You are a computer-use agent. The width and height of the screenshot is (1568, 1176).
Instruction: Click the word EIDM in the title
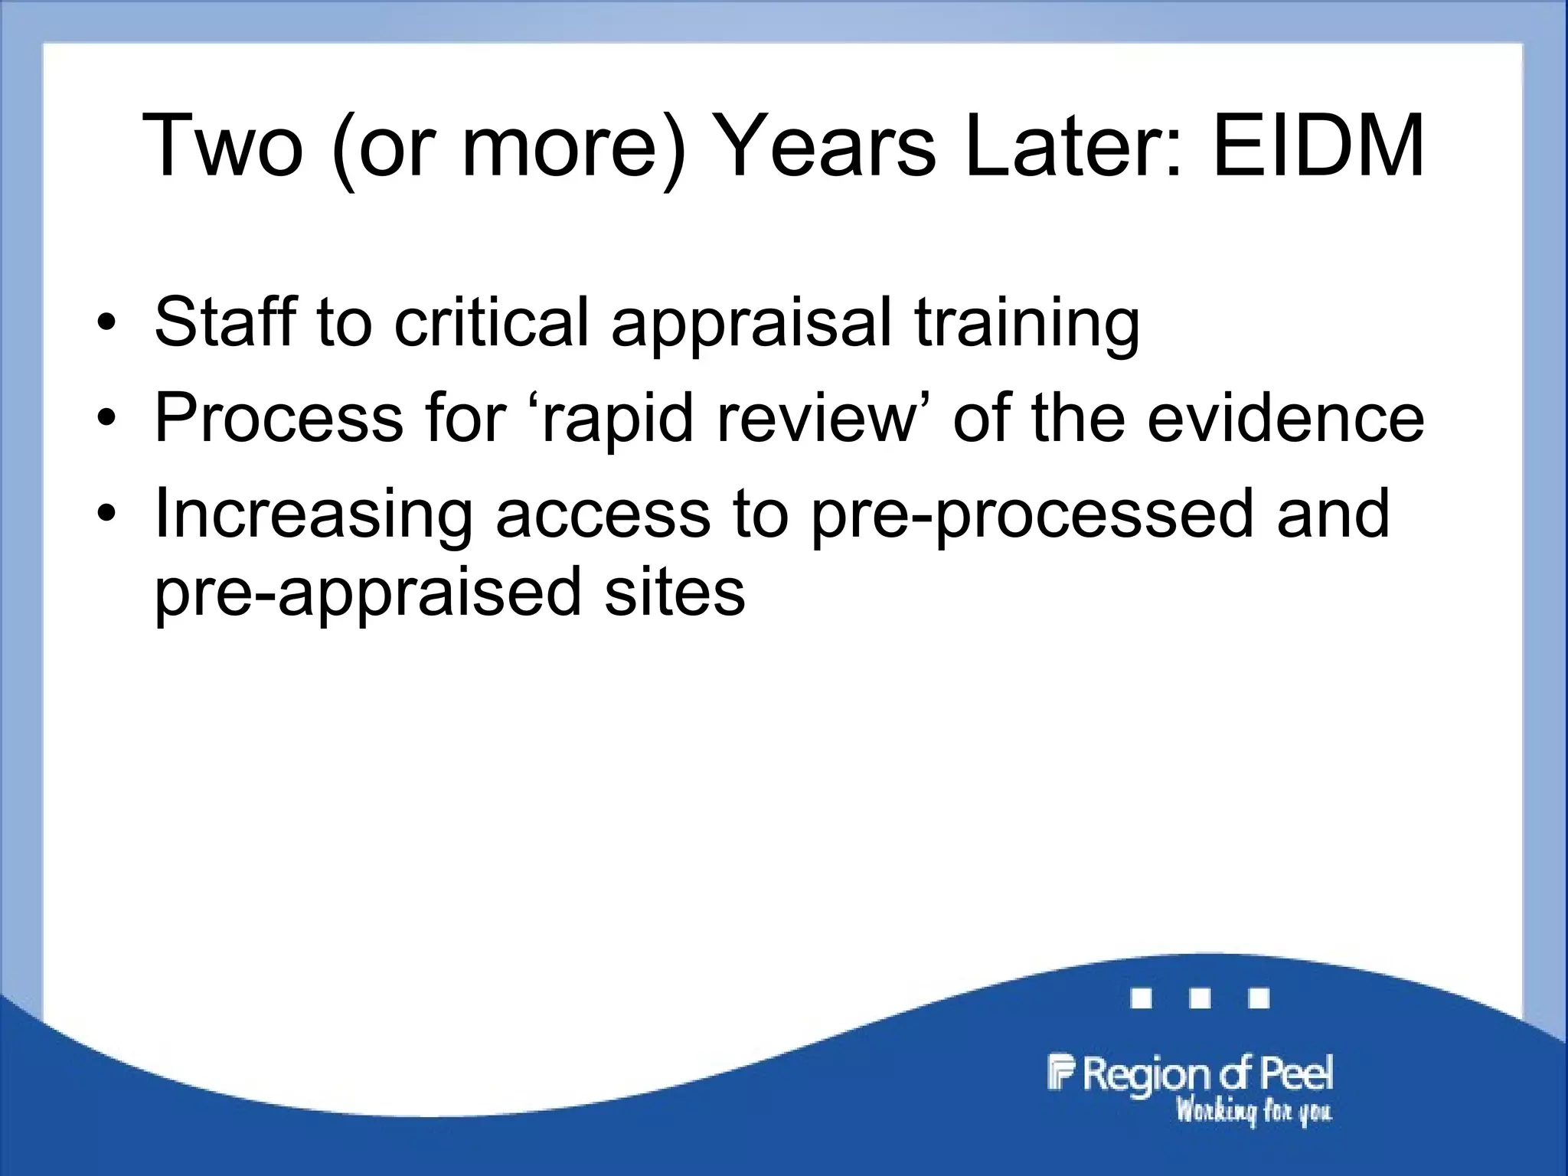[x=1318, y=145]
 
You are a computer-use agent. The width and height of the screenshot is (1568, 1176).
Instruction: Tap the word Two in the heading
[x=223, y=145]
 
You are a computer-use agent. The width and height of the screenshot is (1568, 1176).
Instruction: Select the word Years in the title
[x=827, y=145]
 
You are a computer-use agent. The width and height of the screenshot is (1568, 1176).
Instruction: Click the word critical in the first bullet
[x=491, y=322]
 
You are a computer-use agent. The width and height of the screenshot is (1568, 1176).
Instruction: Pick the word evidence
[x=1285, y=418]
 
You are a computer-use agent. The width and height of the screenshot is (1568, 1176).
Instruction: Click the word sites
[x=675, y=593]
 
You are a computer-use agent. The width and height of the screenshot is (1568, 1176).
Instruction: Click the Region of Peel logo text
[x=1191, y=1073]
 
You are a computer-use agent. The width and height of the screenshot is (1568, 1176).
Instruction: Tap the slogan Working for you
[x=1253, y=1111]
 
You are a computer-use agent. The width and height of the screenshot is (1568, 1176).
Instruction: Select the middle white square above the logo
[x=1200, y=998]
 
